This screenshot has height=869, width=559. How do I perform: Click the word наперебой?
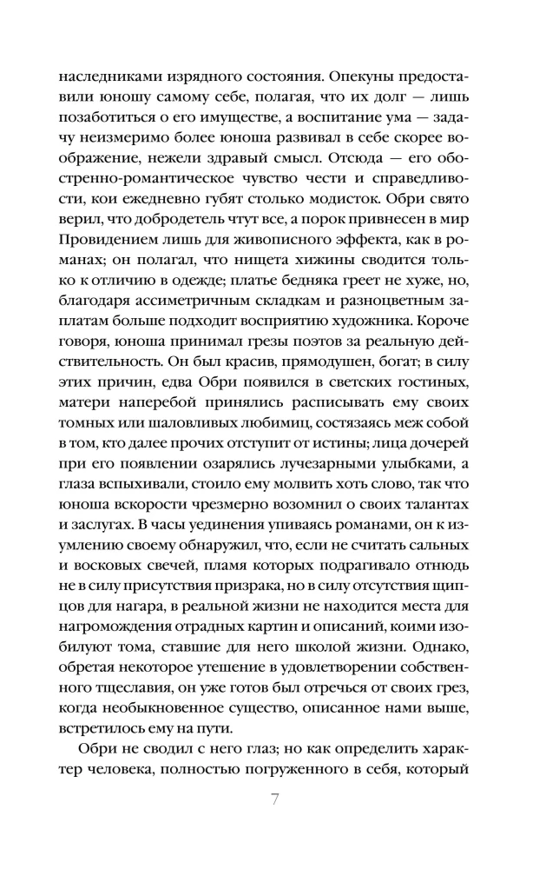pos(181,427)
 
